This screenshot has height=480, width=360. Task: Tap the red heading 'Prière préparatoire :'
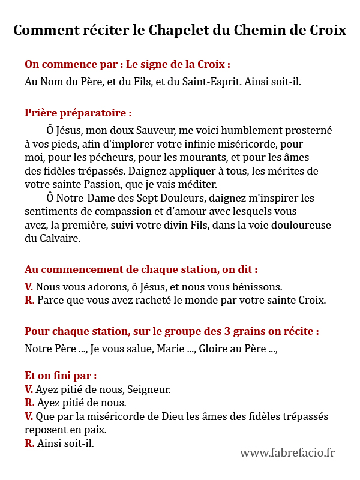point(78,113)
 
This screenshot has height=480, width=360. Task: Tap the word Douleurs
point(183,199)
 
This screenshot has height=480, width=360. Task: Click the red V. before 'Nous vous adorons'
point(29,287)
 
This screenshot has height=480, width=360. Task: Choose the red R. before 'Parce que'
point(29,301)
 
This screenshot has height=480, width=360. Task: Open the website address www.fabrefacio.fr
point(287,453)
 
